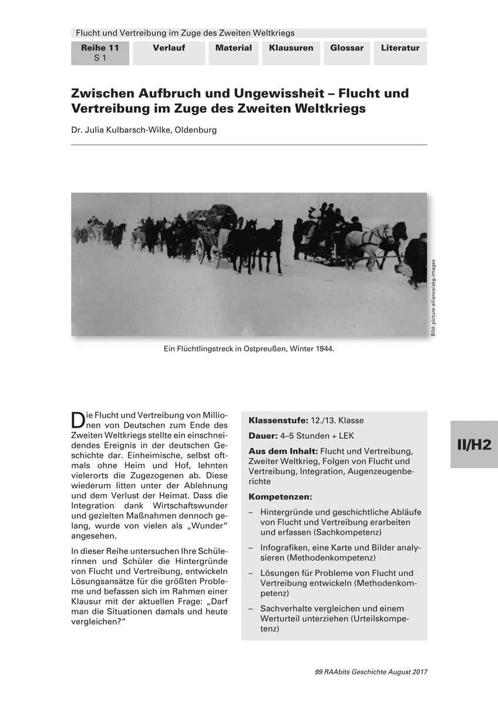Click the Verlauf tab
pyautogui.click(x=169, y=48)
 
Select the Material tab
pyautogui.click(x=233, y=48)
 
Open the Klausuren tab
pyautogui.click(x=291, y=48)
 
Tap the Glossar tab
pyautogui.click(x=346, y=48)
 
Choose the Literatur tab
pyautogui.click(x=400, y=48)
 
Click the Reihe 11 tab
pyautogui.click(x=100, y=53)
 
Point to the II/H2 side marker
pyautogui.click(x=474, y=445)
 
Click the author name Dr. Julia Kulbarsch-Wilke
pyautogui.click(x=144, y=130)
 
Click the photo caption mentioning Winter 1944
pyautogui.click(x=249, y=349)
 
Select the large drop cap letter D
pyautogui.click(x=78, y=420)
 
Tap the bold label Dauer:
pyautogui.click(x=263, y=436)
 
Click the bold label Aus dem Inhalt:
pyautogui.click(x=283, y=451)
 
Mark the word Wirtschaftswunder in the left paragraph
pyautogui.click(x=181, y=505)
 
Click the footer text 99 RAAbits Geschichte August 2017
pyautogui.click(x=371, y=672)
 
